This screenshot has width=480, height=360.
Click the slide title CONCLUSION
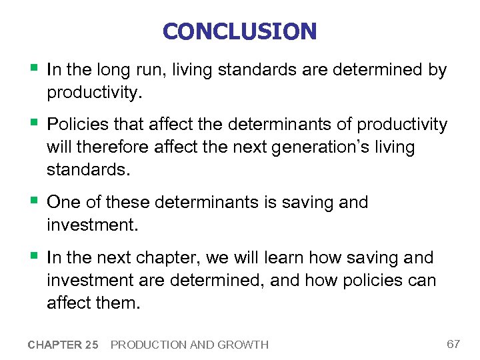[239, 31]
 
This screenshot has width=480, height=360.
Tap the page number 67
[453, 344]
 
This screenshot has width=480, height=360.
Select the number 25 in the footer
[91, 345]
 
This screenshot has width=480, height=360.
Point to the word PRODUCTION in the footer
[148, 345]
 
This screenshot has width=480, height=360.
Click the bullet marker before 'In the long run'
[32, 69]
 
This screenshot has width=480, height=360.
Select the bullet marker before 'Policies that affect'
[32, 124]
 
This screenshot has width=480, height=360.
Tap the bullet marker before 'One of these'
[32, 201]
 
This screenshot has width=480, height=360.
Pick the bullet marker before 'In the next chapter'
[32, 257]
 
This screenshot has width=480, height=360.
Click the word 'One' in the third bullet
[64, 202]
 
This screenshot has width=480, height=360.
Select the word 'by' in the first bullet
[437, 69]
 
